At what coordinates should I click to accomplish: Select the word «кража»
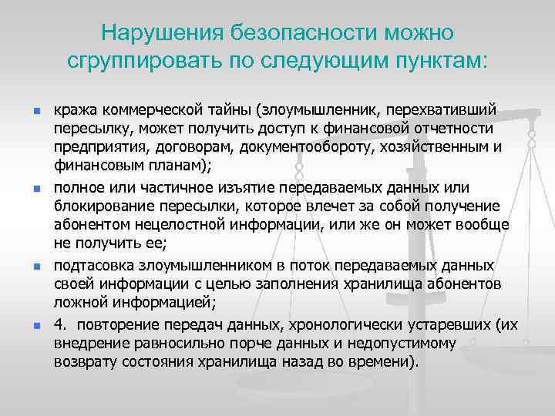click(75, 110)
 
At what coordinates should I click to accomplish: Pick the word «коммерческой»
click(148, 110)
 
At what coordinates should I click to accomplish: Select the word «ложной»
click(78, 302)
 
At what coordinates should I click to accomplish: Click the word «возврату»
click(83, 361)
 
